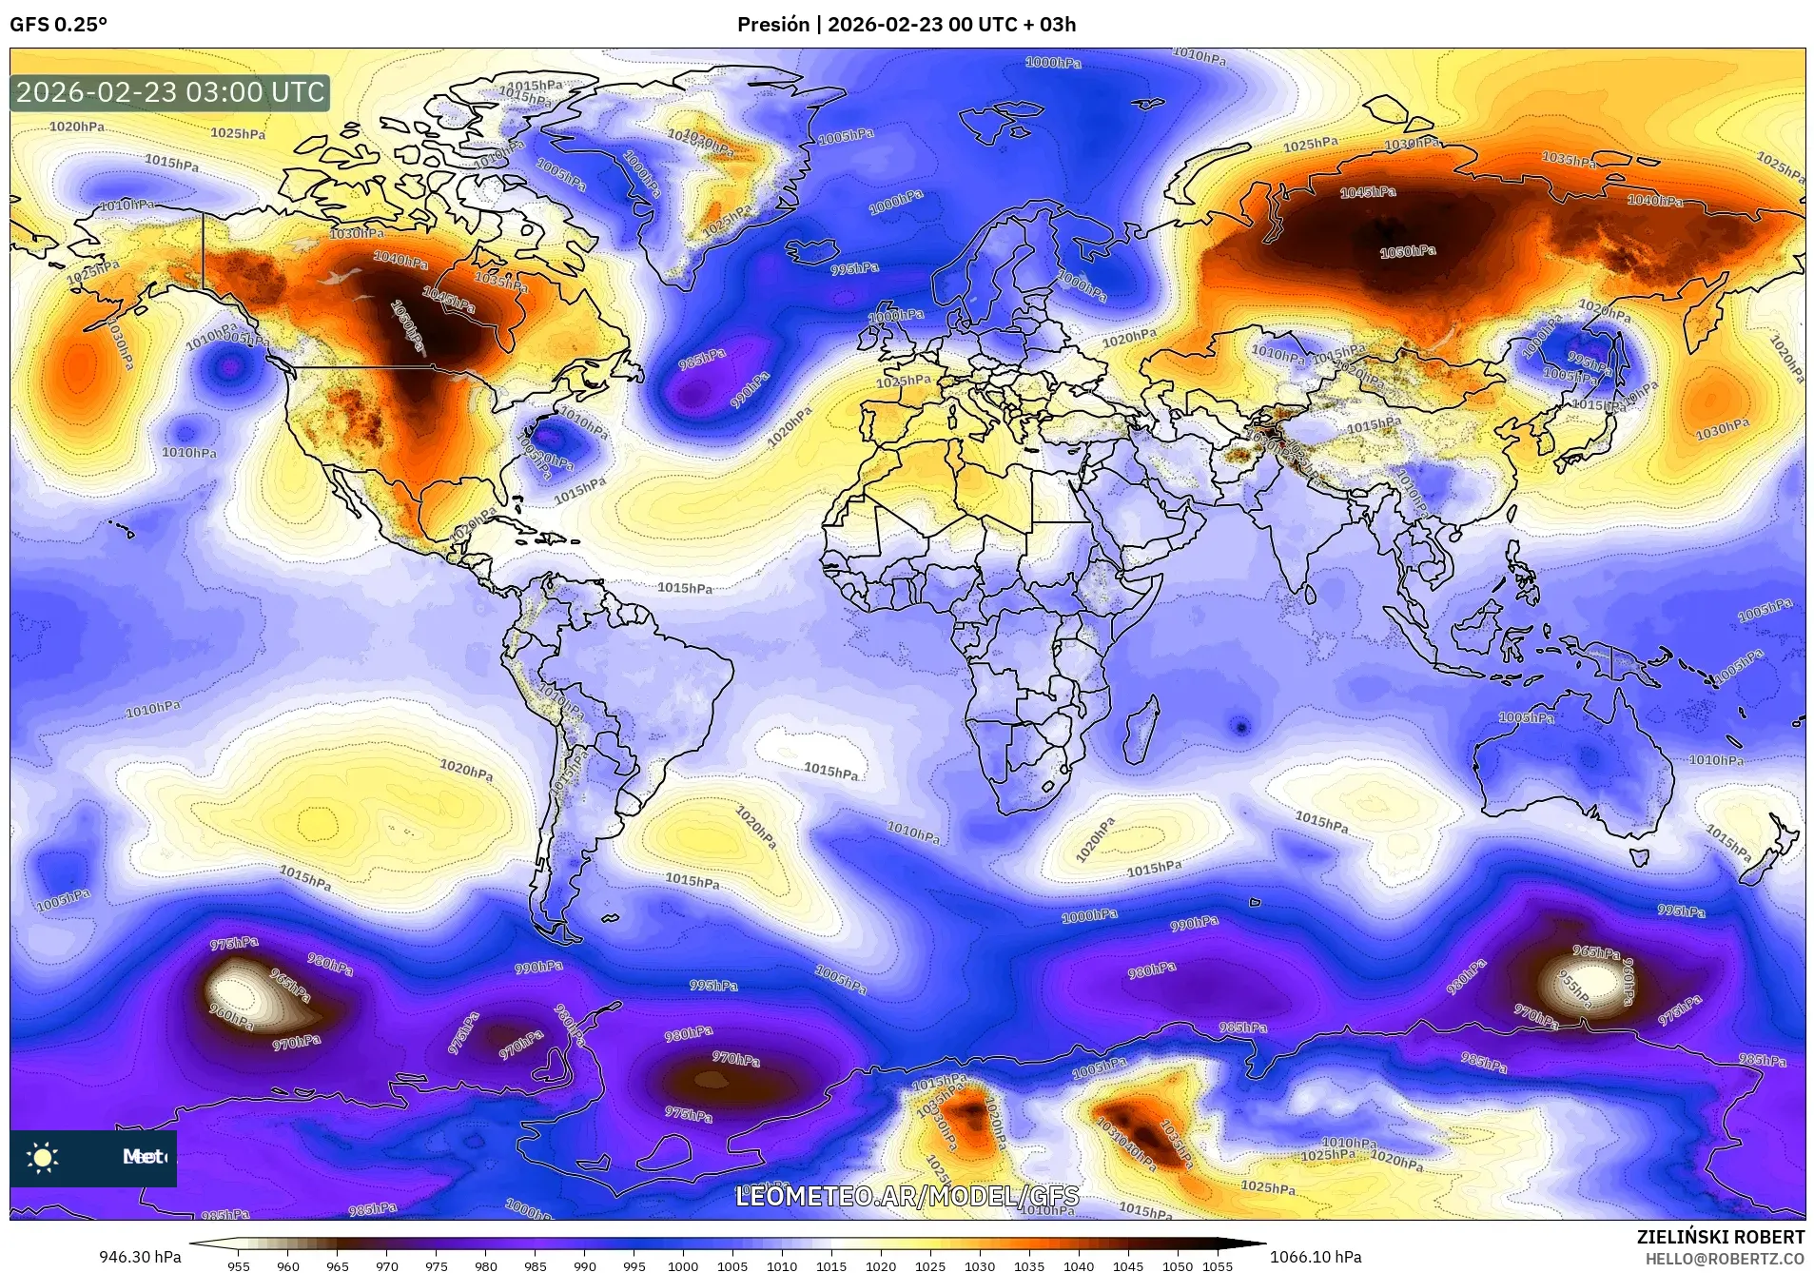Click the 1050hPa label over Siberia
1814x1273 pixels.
(x=1408, y=252)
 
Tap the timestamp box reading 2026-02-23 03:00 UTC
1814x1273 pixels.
(x=170, y=92)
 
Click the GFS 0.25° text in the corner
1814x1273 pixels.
(x=58, y=25)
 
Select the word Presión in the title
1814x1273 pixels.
(x=773, y=25)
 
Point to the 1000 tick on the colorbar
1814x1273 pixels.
(x=683, y=1265)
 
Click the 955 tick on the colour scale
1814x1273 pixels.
(x=239, y=1265)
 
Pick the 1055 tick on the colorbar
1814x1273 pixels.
(x=1217, y=1265)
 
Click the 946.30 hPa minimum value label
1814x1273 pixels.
(x=140, y=1257)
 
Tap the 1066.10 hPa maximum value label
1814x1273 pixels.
(x=1316, y=1257)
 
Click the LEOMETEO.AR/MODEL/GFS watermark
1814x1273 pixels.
(x=907, y=1196)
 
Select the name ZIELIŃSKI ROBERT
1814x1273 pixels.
(x=1720, y=1237)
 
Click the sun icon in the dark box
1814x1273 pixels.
(x=43, y=1157)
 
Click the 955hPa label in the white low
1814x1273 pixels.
(x=1574, y=989)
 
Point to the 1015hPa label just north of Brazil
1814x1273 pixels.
(x=685, y=588)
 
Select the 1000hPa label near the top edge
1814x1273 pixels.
(x=1053, y=63)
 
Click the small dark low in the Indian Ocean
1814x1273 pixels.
(x=1240, y=727)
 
